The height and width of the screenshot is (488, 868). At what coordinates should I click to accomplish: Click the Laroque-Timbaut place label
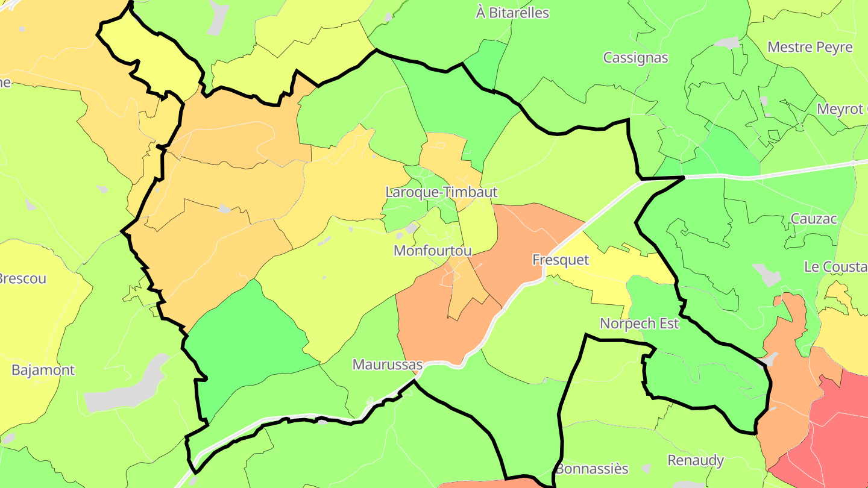[442, 192]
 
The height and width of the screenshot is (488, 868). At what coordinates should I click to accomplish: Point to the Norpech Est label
[639, 324]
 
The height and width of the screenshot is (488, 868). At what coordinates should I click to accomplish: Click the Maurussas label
[388, 364]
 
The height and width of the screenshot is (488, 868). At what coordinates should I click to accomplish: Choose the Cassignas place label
[635, 58]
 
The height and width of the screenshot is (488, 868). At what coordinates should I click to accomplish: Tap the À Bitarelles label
[512, 13]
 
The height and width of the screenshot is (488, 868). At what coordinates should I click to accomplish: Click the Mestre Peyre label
[810, 47]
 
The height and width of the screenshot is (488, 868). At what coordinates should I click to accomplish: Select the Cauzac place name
[814, 219]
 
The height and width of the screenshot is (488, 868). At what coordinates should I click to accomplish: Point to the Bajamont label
[43, 370]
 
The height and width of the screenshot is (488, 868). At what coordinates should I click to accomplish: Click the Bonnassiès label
[592, 468]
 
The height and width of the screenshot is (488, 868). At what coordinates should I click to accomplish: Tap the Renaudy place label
[696, 460]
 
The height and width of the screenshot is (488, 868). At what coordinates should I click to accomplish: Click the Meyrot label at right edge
[841, 109]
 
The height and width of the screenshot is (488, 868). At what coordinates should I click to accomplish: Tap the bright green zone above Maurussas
[247, 337]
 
